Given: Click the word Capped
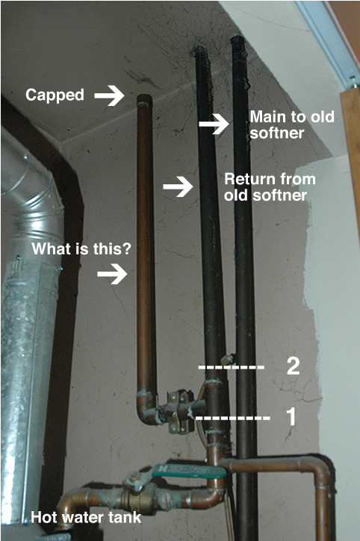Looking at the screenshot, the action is click(55, 96).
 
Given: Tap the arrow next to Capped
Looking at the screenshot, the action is click(109, 95).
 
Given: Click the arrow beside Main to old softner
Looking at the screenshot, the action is click(214, 124).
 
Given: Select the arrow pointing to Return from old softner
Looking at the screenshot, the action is click(178, 187).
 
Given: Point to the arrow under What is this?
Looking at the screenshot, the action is click(112, 274).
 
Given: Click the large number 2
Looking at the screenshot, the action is click(293, 366).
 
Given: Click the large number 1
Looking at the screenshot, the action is click(291, 416).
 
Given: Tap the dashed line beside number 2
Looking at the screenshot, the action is click(231, 367).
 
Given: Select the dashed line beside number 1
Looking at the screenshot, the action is click(233, 418).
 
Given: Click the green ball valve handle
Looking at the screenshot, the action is click(188, 470).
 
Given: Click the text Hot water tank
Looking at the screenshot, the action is click(86, 518).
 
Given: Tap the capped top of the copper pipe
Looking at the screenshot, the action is click(144, 98).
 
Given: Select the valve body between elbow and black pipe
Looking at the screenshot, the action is click(180, 411).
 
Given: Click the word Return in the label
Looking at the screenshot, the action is click(246, 179).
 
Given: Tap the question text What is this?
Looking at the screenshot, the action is click(81, 248).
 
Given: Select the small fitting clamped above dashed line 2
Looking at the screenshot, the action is click(228, 359).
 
